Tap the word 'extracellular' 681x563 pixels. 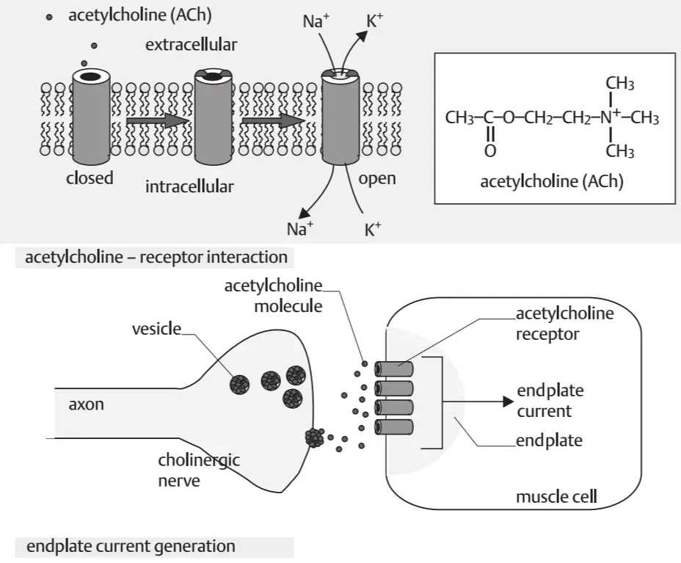191,46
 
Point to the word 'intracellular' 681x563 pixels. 189,186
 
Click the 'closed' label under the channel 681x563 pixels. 90,178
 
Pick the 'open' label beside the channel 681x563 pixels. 377,178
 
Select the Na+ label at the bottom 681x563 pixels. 299,228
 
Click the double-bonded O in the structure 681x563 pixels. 490,151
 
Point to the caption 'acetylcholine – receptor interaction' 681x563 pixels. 156,258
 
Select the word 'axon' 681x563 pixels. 86,404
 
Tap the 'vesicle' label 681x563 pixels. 156,328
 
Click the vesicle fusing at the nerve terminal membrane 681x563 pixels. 314,437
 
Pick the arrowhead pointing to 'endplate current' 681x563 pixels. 506,402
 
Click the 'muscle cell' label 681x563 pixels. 556,497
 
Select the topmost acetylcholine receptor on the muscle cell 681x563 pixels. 394,368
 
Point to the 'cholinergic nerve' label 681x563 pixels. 189,471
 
